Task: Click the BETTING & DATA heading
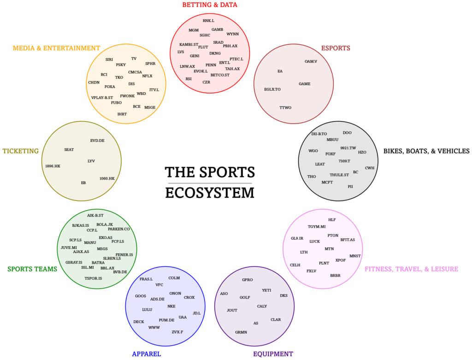click(210, 5)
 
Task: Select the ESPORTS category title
click(336, 48)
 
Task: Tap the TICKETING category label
click(20, 151)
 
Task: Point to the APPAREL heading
click(146, 354)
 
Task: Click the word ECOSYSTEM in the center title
click(210, 193)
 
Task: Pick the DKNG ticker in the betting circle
click(215, 53)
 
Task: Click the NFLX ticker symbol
click(147, 76)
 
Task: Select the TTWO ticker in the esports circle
click(285, 107)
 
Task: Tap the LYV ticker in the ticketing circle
click(91, 161)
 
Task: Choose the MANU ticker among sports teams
click(90, 242)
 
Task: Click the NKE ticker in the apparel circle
click(171, 306)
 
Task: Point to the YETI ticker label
click(266, 290)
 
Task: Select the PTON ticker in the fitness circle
click(333, 236)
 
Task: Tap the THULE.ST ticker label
click(339, 175)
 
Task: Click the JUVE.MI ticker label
click(69, 248)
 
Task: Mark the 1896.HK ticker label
click(53, 166)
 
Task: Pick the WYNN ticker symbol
click(233, 34)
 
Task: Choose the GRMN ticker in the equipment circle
click(241, 332)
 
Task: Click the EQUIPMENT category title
click(273, 354)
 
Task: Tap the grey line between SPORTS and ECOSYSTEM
click(210, 183)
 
